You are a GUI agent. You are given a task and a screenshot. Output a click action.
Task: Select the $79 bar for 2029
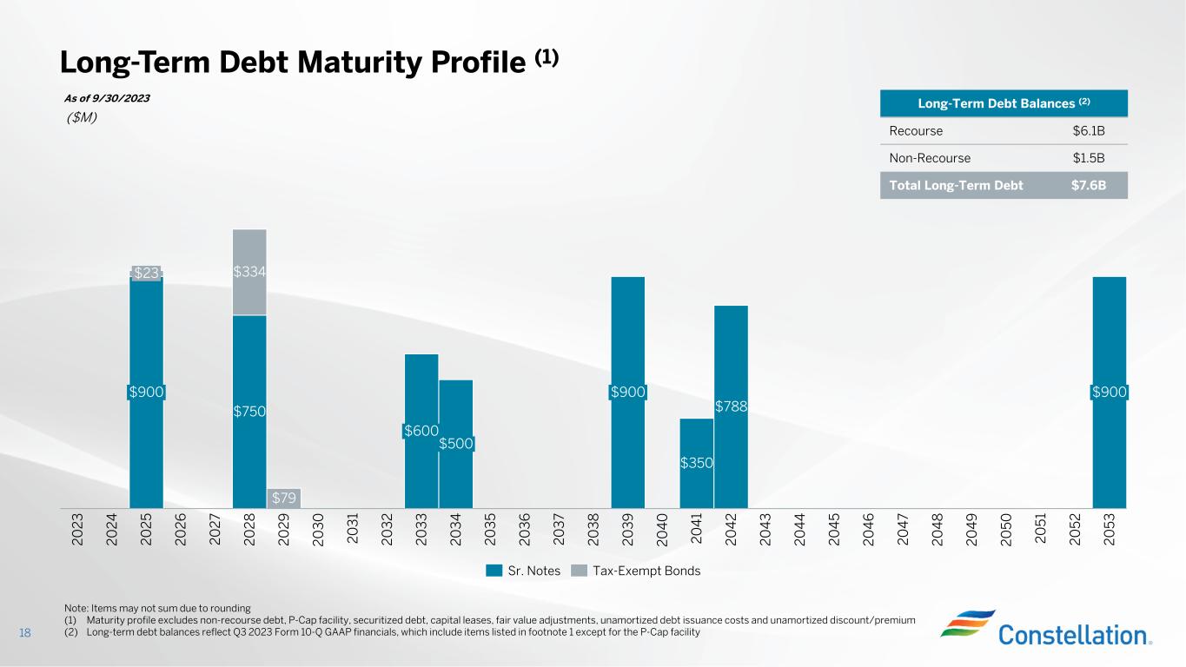[x=283, y=498]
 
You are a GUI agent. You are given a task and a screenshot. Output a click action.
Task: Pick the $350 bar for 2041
[x=696, y=463]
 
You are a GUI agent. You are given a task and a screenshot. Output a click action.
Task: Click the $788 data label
[x=731, y=406]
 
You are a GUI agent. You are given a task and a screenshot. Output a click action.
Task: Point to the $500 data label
[x=456, y=444]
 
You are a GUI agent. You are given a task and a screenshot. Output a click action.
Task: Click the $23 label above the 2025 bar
[x=147, y=273]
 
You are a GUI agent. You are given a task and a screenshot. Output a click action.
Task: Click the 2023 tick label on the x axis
[x=77, y=530]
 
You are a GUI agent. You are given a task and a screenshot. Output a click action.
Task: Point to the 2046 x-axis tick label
[x=868, y=530]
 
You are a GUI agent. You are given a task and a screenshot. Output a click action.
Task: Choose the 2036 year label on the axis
[x=524, y=530]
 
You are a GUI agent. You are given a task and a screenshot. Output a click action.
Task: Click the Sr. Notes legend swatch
[x=494, y=571]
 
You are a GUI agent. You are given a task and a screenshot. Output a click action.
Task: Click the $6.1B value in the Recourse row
[x=1089, y=131]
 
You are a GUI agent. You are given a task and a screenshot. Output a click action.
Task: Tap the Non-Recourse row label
[x=930, y=158]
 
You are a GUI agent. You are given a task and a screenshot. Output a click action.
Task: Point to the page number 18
[x=25, y=632]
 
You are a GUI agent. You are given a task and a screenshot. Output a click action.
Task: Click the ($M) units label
[x=80, y=118]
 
